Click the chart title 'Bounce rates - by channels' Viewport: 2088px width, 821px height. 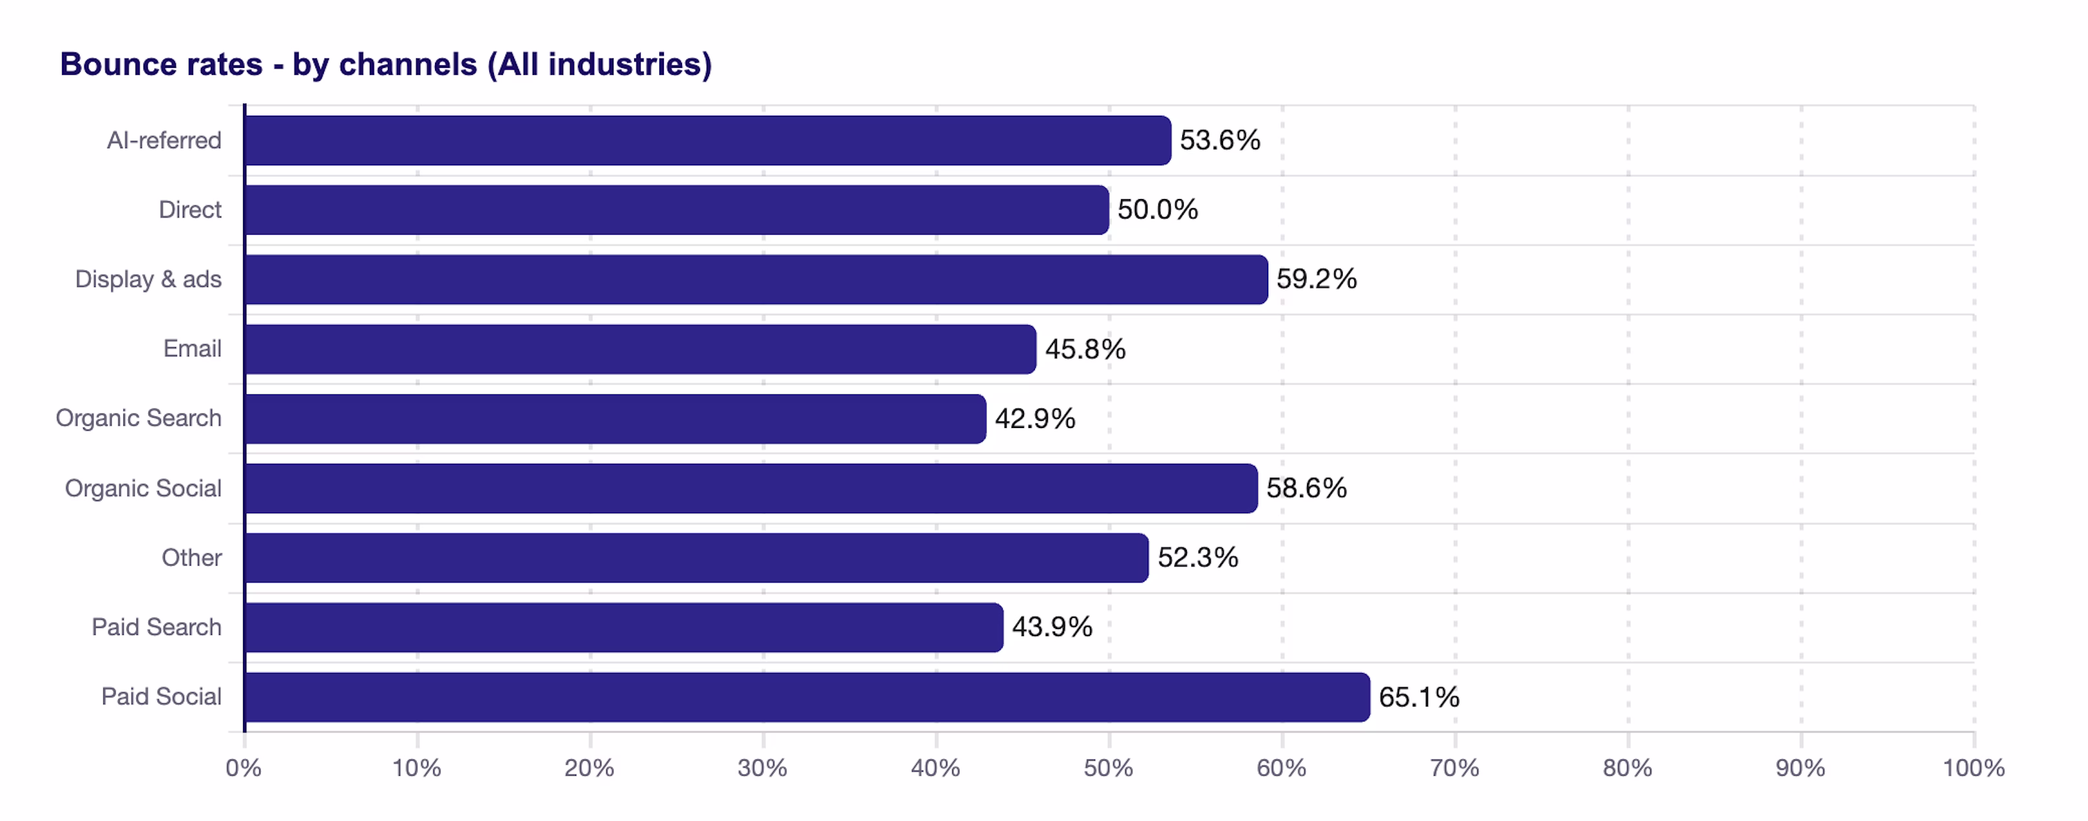tap(386, 64)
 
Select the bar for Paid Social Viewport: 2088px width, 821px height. tap(807, 697)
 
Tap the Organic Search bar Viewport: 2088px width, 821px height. tap(614, 419)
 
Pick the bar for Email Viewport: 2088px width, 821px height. tap(639, 349)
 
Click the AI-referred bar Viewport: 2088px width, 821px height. tap(707, 140)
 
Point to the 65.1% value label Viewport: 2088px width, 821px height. tap(1418, 697)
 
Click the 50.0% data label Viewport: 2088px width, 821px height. tap(1156, 210)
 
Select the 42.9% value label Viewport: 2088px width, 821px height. tap(1034, 419)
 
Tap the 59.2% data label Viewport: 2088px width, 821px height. tap(1316, 280)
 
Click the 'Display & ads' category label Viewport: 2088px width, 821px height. tap(147, 280)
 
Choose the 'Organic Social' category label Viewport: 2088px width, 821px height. tap(143, 488)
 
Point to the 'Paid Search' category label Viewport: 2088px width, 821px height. tap(156, 627)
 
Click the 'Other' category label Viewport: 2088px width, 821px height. tap(191, 558)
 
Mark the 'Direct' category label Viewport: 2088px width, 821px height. tap(189, 210)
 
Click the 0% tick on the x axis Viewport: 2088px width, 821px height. tap(243, 767)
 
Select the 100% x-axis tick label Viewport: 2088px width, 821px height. tap(1973, 767)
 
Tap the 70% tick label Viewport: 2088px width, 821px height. tap(1454, 767)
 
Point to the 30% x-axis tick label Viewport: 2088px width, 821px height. tap(762, 767)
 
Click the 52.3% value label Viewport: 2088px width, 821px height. tap(1197, 558)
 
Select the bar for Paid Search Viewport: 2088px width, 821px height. tap(623, 627)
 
